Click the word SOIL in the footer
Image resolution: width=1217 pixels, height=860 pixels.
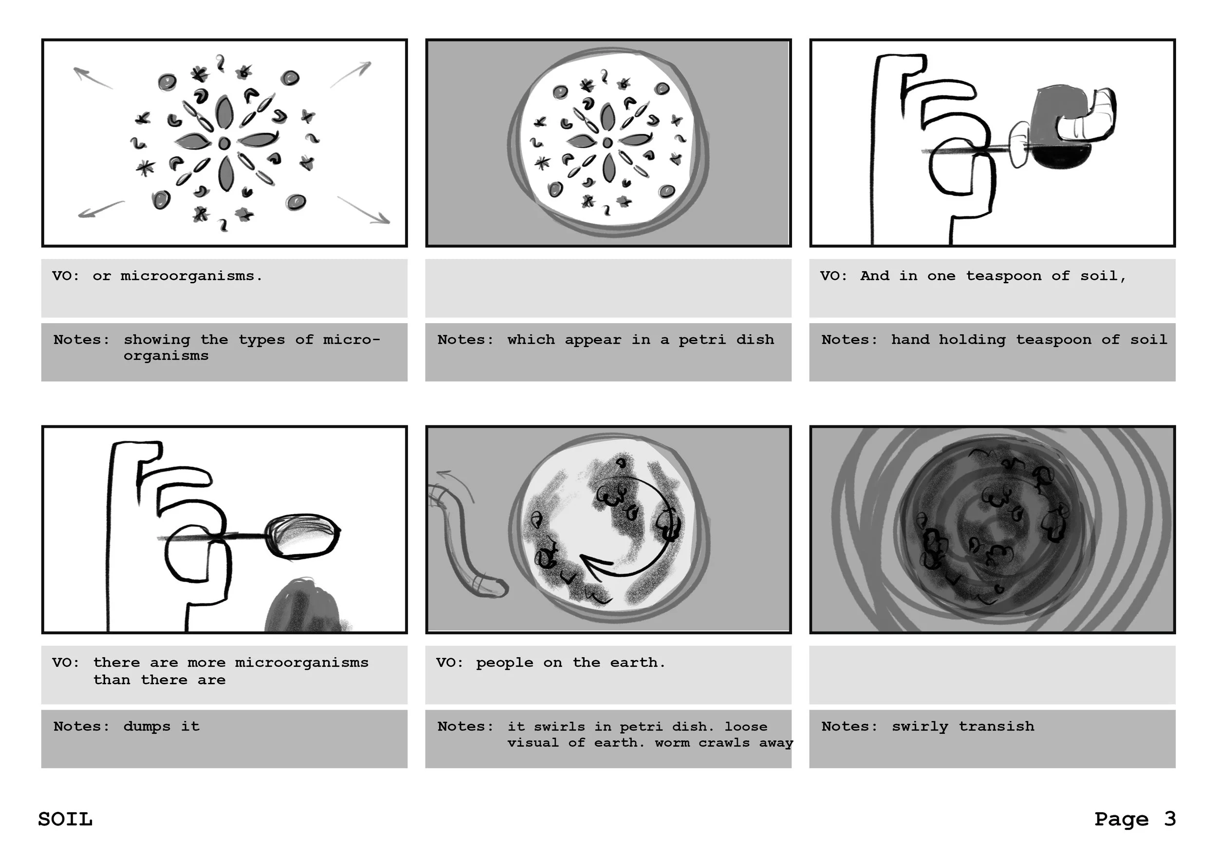coord(65,819)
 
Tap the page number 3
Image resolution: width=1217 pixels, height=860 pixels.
coord(1170,819)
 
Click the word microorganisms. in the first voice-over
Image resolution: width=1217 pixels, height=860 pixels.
coord(191,276)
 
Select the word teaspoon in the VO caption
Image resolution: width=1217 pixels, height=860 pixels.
coord(1003,276)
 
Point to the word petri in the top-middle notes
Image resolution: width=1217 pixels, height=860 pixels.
coord(702,340)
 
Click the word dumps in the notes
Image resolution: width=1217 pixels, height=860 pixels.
coord(147,727)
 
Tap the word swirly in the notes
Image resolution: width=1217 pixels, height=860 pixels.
coord(920,727)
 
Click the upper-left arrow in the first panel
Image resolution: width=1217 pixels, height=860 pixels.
coord(93,78)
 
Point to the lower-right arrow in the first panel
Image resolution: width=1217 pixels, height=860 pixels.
coord(364,210)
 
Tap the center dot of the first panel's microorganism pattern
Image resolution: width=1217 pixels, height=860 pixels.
coord(224,143)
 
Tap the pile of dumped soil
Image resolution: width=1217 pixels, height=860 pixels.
coord(308,605)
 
